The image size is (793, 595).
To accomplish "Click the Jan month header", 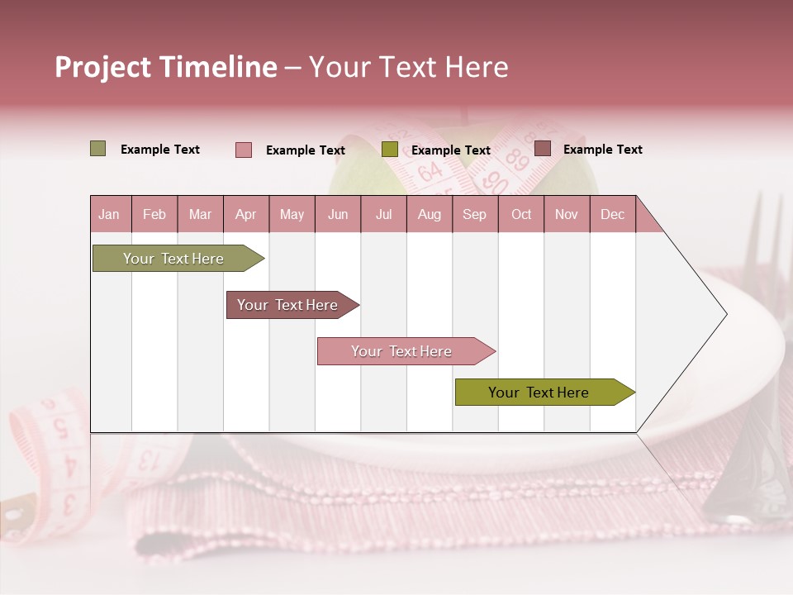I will [x=109, y=214].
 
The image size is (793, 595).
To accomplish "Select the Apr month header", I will [x=245, y=214].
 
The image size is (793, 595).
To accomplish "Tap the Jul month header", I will [x=383, y=214].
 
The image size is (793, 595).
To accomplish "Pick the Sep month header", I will [x=474, y=214].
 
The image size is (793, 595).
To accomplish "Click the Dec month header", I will [x=612, y=214].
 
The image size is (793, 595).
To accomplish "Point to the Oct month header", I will [x=521, y=214].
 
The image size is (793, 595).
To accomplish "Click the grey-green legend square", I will [x=98, y=149].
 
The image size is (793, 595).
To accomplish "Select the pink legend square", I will [x=244, y=150].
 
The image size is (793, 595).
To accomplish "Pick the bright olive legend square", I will [x=390, y=149].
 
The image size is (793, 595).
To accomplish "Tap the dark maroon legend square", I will [x=543, y=149].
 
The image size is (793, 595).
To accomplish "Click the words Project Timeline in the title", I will [x=165, y=67].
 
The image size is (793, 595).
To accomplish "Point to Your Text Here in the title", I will [x=408, y=67].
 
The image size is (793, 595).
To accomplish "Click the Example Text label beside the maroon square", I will [x=602, y=150].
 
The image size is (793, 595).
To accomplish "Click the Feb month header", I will [x=154, y=214].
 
